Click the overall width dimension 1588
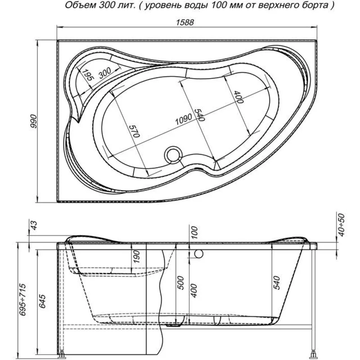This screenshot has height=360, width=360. click(x=185, y=22)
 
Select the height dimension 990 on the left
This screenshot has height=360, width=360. click(x=33, y=121)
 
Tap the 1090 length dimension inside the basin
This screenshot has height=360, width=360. click(x=184, y=119)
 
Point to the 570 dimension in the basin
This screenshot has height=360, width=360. click(x=134, y=131)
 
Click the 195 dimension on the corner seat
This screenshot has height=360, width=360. click(x=87, y=75)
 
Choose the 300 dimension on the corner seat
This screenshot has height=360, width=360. click(x=105, y=73)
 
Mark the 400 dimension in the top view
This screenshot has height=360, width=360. click(x=238, y=97)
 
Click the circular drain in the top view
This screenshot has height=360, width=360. click(x=173, y=155)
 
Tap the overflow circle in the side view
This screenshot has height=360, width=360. click(x=198, y=254)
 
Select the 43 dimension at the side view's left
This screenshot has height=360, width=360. click(x=33, y=225)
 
